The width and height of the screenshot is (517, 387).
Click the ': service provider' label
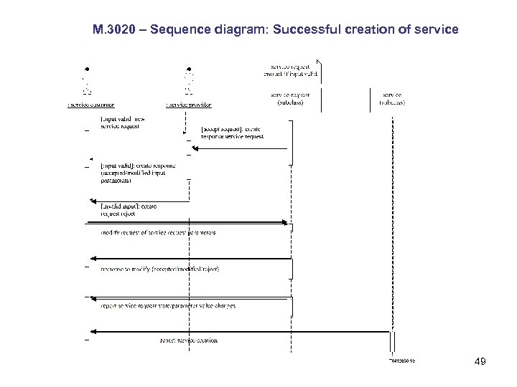(x=189, y=104)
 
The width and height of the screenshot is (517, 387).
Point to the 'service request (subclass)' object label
(x=290, y=98)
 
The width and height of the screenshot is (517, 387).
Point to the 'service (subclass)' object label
(x=392, y=98)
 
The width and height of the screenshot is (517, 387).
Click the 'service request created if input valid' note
(x=290, y=70)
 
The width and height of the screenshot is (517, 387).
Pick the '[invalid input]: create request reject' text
(x=129, y=209)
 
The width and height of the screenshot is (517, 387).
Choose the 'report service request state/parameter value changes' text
(x=169, y=305)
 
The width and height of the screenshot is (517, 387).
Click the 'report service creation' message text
(x=188, y=340)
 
